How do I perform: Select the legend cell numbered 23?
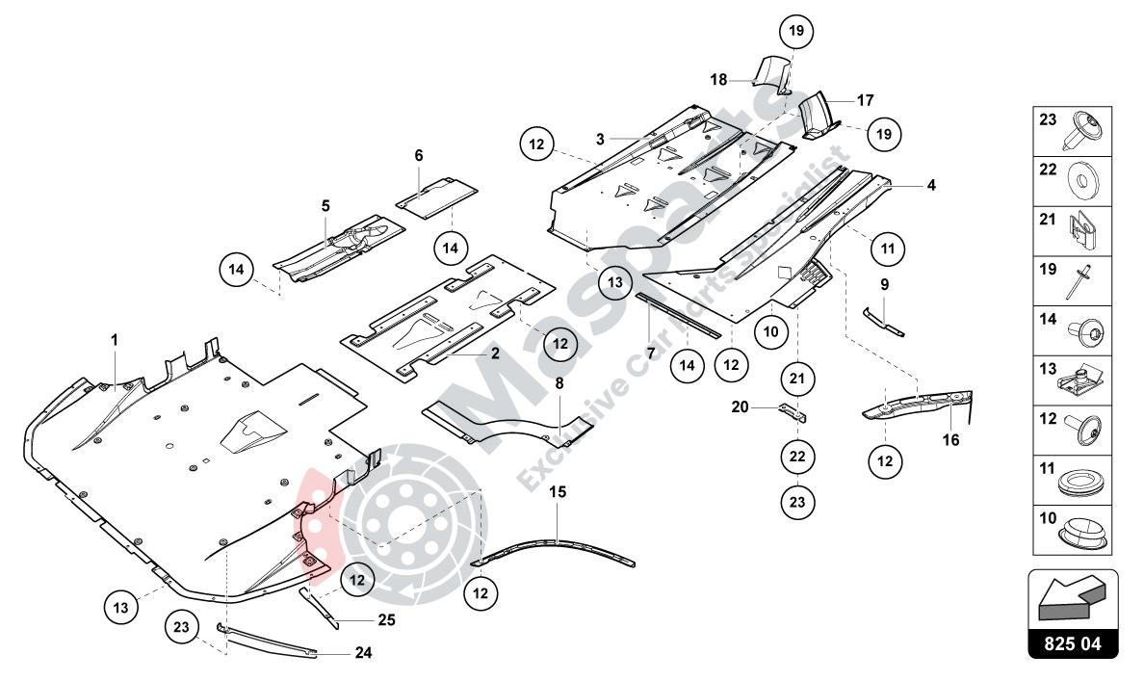click(1073, 132)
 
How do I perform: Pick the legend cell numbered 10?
click(1073, 531)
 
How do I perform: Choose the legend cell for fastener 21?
click(1073, 232)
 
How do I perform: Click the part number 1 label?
click(115, 340)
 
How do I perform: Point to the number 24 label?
click(363, 652)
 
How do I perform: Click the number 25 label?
click(386, 620)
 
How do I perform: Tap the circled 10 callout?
click(770, 331)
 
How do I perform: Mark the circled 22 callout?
click(797, 456)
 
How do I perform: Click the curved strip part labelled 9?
click(882, 322)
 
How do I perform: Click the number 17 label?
click(865, 99)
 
